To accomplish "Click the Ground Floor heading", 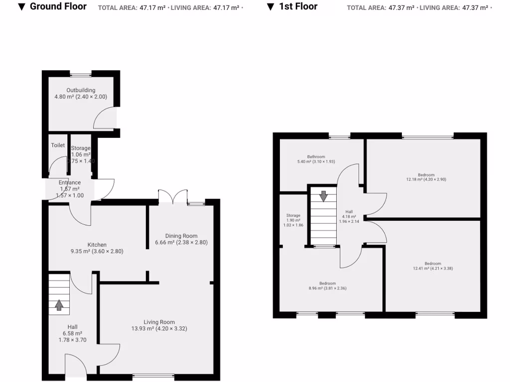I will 58,6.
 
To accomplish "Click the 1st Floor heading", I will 298,6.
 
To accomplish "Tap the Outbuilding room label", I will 81,91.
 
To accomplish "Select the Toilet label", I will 58,145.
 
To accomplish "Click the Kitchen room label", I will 97,245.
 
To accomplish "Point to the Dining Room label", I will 181,236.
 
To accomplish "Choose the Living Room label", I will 159,322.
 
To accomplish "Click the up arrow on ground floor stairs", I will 59,304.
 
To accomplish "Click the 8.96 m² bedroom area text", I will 328,287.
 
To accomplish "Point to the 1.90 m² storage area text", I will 293,220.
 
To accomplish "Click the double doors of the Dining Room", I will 172,197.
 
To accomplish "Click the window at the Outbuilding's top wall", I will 81,75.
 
